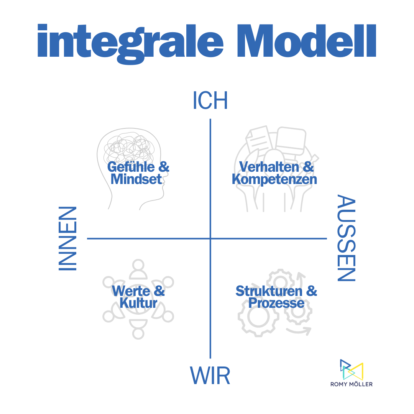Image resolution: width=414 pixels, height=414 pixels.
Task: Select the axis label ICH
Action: tap(210, 101)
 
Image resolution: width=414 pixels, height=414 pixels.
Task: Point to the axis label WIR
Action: tap(210, 376)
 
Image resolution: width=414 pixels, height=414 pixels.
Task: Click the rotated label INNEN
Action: tap(67, 239)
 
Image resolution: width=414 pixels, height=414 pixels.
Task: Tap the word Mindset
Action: tap(136, 179)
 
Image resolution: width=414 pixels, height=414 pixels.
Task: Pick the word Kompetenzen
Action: tap(274, 179)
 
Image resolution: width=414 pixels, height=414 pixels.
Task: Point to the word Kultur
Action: tap(138, 303)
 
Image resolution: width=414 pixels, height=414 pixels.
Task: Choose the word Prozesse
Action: tap(276, 303)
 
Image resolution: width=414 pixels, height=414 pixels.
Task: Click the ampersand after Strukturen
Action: tap(312, 291)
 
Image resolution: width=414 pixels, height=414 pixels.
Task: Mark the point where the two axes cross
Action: tap(210, 238)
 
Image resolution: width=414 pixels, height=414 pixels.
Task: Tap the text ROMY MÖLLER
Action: tap(352, 384)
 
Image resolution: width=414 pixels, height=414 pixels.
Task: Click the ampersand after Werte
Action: tap(159, 291)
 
